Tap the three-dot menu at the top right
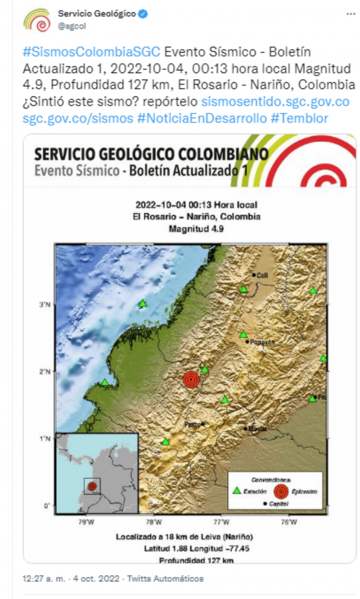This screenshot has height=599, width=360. pyautogui.click(x=351, y=14)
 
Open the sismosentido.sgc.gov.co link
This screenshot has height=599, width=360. pyautogui.click(x=275, y=102)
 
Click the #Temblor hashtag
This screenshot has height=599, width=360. pyautogui.click(x=299, y=118)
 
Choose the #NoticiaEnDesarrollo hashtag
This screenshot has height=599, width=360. pyautogui.click(x=202, y=118)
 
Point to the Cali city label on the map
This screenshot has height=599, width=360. pyautogui.click(x=262, y=275)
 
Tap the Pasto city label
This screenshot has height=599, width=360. pyautogui.click(x=193, y=424)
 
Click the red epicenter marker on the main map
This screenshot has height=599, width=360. pyautogui.click(x=191, y=380)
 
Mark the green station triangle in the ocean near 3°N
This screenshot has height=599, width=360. pyautogui.click(x=142, y=304)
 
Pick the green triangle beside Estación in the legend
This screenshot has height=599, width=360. pyautogui.click(x=237, y=491)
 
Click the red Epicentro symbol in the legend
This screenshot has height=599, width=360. pyautogui.click(x=282, y=491)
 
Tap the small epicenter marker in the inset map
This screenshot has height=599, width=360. pyautogui.click(x=93, y=485)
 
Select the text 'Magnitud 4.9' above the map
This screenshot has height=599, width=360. pyautogui.click(x=196, y=228)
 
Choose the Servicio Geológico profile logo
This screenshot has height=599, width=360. pyautogui.click(x=37, y=20)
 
